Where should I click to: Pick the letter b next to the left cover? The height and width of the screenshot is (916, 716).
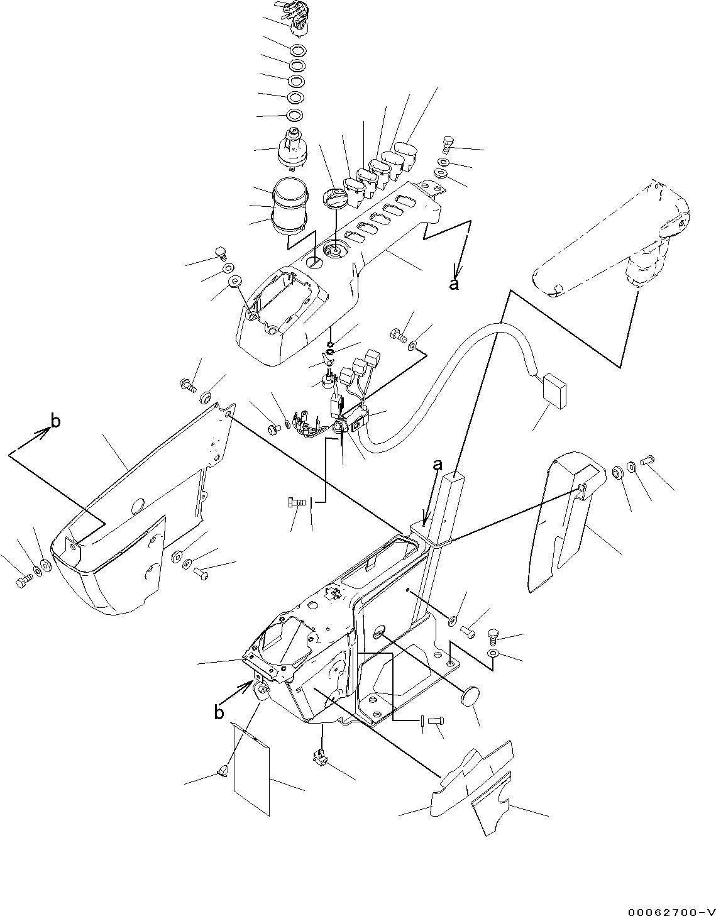(55, 422)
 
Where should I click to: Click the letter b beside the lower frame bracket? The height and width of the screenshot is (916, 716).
(218, 712)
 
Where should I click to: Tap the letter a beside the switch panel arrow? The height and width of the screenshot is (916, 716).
(453, 284)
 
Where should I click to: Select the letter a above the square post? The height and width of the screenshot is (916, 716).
(438, 465)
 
